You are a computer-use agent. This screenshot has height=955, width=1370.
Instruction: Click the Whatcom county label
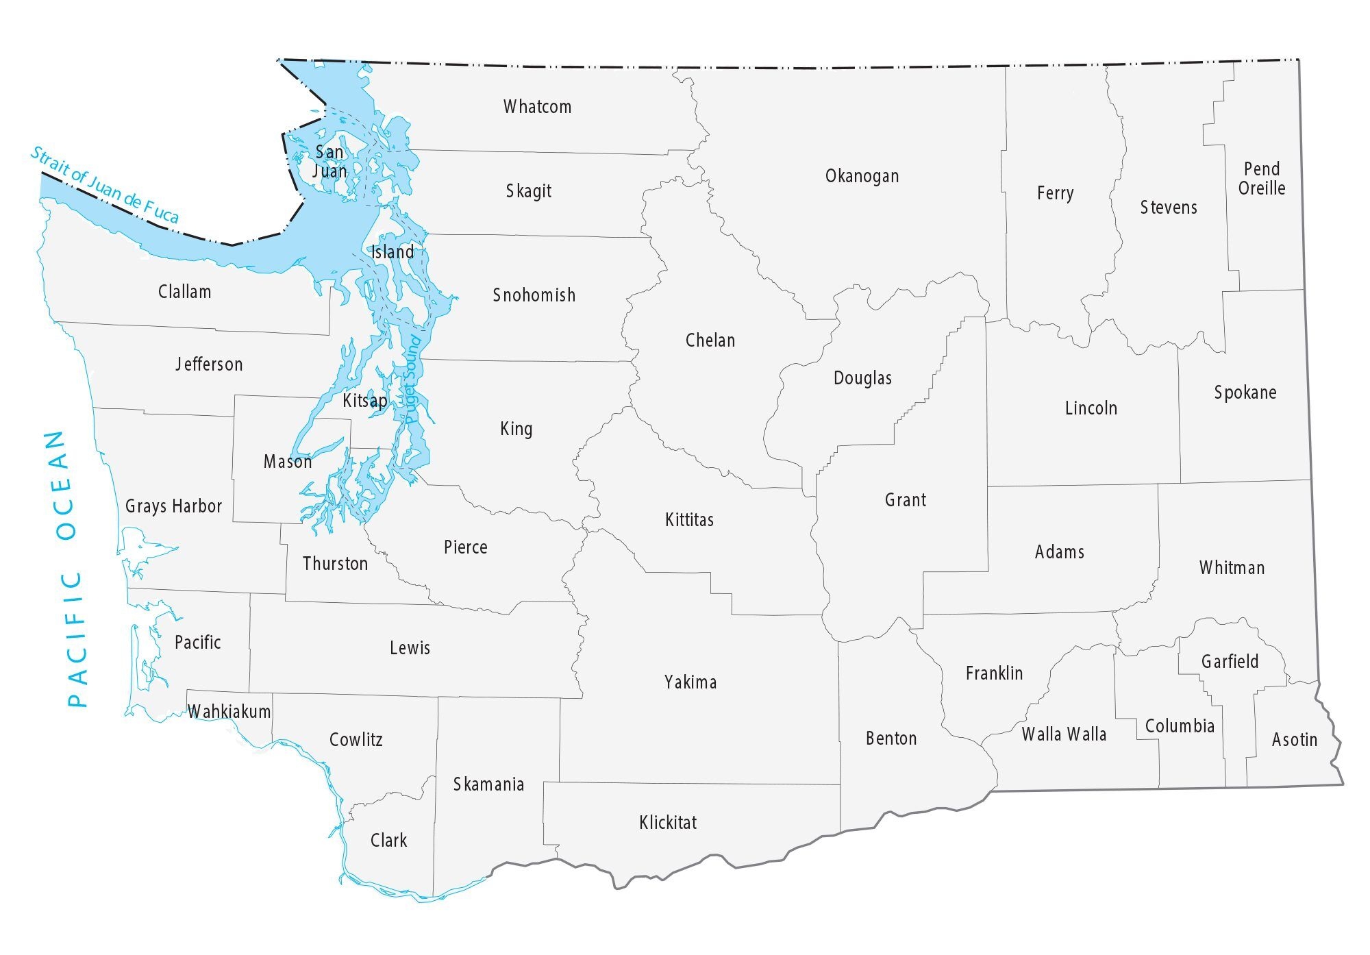pos(537,107)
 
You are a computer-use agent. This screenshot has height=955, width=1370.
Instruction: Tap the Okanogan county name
pos(862,176)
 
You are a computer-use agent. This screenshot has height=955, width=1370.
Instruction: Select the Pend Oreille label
pos(1262,178)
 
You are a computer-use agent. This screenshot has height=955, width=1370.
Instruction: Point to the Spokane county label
pos(1245,393)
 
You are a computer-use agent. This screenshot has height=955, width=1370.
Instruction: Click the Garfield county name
pos(1230,661)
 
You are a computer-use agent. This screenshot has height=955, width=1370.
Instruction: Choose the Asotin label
pos(1295,740)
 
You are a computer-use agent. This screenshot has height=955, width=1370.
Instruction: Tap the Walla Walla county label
pos(1064,734)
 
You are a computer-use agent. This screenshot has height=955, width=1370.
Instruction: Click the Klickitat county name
pos(668,822)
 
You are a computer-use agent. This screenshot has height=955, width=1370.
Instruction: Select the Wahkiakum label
pos(229,712)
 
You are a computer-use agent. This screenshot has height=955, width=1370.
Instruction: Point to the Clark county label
pos(388,841)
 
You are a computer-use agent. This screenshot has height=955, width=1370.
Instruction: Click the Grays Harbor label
pos(173,506)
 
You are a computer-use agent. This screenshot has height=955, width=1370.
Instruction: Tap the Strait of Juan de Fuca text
pos(104,185)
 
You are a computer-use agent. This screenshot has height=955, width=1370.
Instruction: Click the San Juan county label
pos(329,162)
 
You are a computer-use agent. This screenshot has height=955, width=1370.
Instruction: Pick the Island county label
pos(393,252)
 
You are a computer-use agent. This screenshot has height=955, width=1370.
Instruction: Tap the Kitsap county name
pos(364,400)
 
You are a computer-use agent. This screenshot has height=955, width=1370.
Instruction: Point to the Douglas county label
pos(862,378)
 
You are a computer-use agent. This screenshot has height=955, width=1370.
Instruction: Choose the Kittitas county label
pos(689,520)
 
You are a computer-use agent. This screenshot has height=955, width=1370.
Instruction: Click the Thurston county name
pos(335,564)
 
